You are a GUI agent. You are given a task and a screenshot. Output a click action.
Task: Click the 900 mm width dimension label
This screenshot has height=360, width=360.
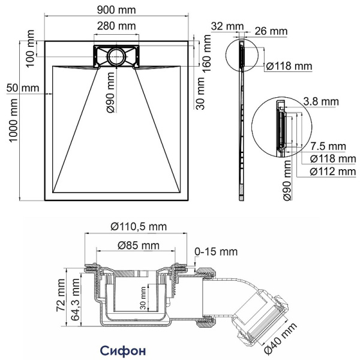116,10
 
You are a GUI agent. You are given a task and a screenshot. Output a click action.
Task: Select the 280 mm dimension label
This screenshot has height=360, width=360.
116,26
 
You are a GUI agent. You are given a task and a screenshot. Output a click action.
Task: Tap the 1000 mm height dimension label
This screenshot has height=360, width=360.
13,121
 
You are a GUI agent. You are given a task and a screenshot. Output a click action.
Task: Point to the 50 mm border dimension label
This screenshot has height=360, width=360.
23,88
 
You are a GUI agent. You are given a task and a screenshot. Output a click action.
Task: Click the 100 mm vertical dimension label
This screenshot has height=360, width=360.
30,48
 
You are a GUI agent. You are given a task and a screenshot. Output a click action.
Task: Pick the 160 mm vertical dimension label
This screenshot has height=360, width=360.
207,53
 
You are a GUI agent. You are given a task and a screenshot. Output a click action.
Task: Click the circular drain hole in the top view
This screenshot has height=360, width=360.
116,56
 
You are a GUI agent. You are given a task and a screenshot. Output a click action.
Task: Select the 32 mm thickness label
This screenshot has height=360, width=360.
227,26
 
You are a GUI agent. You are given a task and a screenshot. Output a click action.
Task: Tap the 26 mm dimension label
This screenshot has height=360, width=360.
271,31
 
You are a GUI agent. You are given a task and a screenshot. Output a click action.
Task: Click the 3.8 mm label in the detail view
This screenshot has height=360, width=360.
321,102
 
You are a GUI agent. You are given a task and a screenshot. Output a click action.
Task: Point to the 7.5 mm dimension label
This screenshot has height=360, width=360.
328,146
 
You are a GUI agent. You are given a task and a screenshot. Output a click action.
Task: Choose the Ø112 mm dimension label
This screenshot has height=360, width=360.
333,172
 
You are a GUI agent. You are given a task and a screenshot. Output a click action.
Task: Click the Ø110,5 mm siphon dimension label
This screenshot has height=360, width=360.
139,227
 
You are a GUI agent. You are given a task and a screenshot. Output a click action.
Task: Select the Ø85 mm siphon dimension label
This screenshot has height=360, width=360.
139,245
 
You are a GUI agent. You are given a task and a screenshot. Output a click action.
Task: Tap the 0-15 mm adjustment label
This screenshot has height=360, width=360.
216,251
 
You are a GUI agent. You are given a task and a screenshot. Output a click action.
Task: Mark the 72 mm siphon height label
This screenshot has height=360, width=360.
61,295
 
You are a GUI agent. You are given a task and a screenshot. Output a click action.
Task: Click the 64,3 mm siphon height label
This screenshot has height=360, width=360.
76,299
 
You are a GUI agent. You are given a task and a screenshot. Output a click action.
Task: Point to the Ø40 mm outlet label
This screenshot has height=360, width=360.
281,338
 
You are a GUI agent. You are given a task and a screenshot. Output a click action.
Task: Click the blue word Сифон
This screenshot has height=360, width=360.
123,350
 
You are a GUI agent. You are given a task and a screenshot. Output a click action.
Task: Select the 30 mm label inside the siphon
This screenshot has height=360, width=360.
143,298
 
